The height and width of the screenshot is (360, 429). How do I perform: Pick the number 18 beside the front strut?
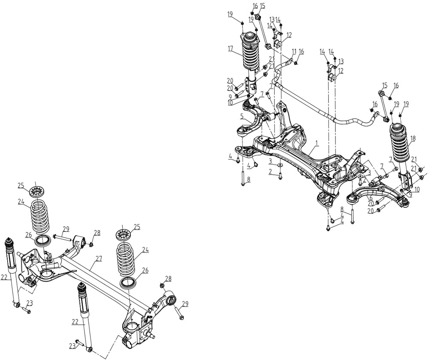[x=413, y=139]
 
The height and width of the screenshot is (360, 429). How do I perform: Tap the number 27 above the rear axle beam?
[x=99, y=259]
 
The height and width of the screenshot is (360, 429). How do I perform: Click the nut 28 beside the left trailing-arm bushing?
[x=91, y=244]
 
